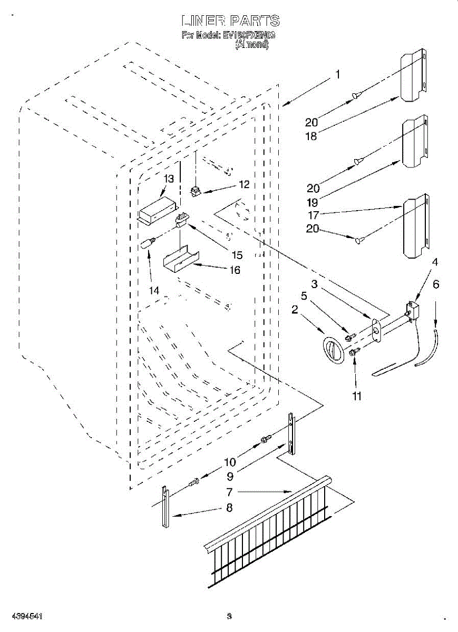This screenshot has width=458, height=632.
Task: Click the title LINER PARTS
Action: [x=230, y=21]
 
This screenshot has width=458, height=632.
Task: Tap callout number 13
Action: [x=168, y=179]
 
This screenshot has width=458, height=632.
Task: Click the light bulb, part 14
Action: [x=148, y=244]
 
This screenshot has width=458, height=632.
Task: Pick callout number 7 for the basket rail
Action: [x=229, y=492]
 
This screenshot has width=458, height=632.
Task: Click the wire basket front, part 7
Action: [x=269, y=532]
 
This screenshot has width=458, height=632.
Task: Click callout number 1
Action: [x=338, y=75]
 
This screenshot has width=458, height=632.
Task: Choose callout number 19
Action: [x=313, y=202]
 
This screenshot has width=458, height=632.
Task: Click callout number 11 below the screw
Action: [x=357, y=396]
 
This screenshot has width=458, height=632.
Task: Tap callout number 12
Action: [x=243, y=185]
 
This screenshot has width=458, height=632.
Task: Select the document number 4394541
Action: [x=22, y=616]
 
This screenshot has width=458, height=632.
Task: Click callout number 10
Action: [x=230, y=462]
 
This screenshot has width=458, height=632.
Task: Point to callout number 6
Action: [x=435, y=284]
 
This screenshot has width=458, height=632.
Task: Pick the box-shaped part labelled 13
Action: [x=156, y=210]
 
